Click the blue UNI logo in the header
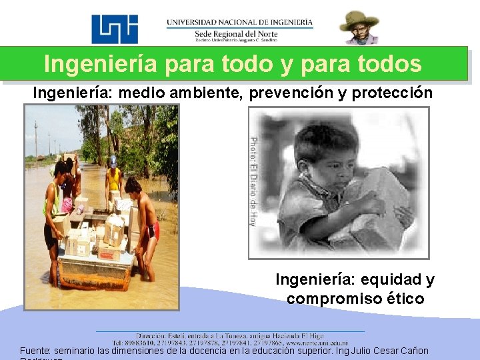[x=115, y=29]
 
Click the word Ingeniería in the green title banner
[x=100, y=64]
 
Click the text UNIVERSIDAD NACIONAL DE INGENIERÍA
[x=239, y=22]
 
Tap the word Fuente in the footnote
[x=35, y=351]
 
